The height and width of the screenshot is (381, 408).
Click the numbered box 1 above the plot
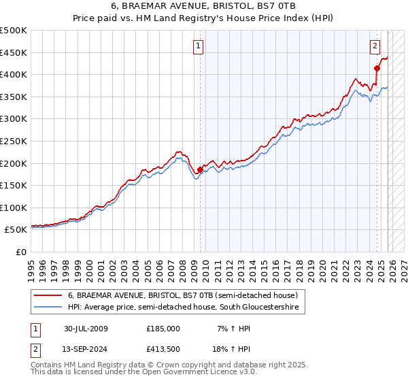pos(198,46)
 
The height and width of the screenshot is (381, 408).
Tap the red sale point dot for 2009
pos(200,169)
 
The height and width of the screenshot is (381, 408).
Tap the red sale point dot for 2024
pos(377,67)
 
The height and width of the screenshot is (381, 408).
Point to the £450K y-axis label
pos(14,52)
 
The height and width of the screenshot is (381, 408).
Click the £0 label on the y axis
pos(20,252)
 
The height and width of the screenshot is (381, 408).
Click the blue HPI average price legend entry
pos(184,308)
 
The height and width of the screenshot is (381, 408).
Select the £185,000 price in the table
pos(163,329)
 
